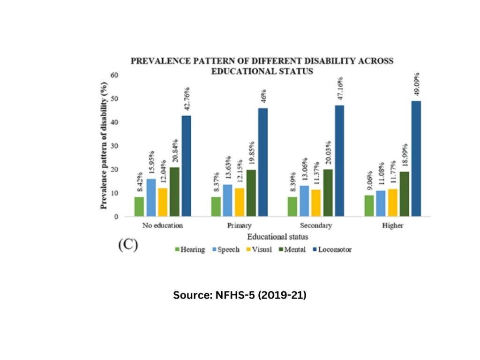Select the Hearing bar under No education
click(x=139, y=207)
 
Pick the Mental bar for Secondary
click(x=327, y=193)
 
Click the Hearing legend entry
click(x=190, y=250)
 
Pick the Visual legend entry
click(x=258, y=250)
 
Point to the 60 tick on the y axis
click(x=114, y=75)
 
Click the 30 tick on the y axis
click(x=114, y=146)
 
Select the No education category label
click(x=162, y=225)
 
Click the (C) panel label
click(x=127, y=246)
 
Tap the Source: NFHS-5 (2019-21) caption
click(x=240, y=296)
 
